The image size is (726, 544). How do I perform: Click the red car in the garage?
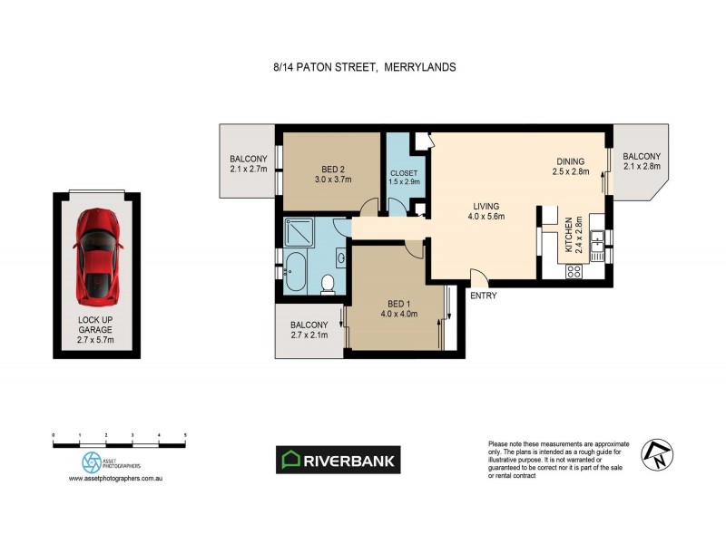pyautogui.click(x=97, y=255)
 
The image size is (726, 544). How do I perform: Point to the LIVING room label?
pyautogui.click(x=486, y=209)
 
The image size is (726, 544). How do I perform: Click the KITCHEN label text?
pyautogui.click(x=569, y=235)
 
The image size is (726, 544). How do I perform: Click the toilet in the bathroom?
pyautogui.click(x=329, y=286)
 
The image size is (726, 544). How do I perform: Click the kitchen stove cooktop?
pyautogui.click(x=574, y=270)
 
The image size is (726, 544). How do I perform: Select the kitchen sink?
pyautogui.click(x=597, y=243)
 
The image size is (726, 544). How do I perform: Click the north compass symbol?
pyautogui.click(x=655, y=454)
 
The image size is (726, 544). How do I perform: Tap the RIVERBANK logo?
pyautogui.click(x=338, y=460)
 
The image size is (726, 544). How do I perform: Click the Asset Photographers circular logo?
pyautogui.click(x=92, y=462)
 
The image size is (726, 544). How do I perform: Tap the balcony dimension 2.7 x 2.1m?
pyautogui.click(x=309, y=335)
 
